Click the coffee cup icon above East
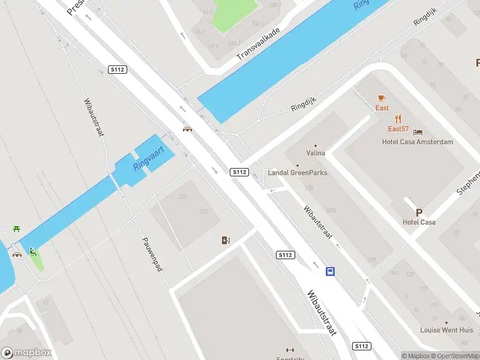point(382,98)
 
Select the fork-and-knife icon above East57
point(397,119)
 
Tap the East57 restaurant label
point(398,129)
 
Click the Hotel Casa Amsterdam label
point(418,142)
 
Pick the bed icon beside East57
point(418,132)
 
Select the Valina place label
point(316,153)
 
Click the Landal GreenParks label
point(298,173)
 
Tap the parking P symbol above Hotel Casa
point(419,212)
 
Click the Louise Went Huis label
point(446,330)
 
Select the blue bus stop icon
point(330,271)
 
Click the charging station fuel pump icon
point(226,241)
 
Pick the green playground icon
point(33,253)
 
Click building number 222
point(203,211)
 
